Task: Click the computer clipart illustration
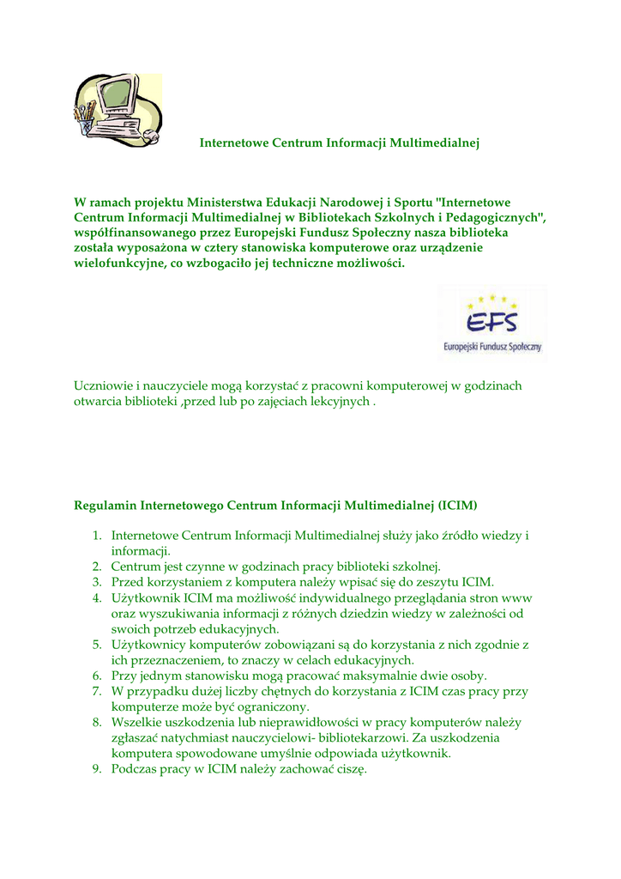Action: pos(117,109)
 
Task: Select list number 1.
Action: pos(97,536)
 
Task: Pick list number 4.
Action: pos(97,597)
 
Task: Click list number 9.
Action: pos(97,769)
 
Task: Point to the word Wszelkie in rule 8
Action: pos(136,723)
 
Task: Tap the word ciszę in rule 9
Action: pos(351,769)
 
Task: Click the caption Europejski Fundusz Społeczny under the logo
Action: pos(492,348)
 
